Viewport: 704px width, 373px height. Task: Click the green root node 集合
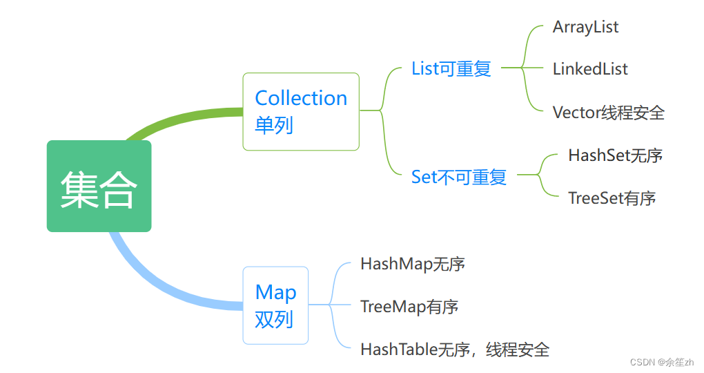(x=99, y=186)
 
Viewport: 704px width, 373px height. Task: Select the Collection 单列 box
(x=301, y=111)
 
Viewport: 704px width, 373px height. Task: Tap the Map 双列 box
(x=275, y=305)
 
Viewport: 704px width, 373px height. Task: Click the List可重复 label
(x=451, y=68)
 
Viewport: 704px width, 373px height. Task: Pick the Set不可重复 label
(x=458, y=177)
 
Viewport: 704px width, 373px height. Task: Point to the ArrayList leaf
(x=585, y=27)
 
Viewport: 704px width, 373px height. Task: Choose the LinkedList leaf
(x=590, y=69)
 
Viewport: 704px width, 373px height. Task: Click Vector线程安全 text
(x=608, y=113)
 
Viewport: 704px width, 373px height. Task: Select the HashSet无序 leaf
(x=615, y=155)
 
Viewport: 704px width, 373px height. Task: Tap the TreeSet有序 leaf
(x=612, y=198)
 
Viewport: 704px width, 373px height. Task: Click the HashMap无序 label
(x=412, y=264)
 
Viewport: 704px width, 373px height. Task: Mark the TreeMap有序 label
(x=409, y=307)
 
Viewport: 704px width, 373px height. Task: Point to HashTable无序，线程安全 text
(x=454, y=350)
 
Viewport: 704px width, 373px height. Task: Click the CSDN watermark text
(x=667, y=361)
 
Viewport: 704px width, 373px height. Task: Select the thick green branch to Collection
(x=179, y=117)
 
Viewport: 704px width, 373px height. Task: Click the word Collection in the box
(x=301, y=98)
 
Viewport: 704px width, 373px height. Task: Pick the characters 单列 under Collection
(x=274, y=125)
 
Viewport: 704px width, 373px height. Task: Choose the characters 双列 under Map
(x=274, y=319)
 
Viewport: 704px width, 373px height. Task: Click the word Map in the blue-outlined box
(x=275, y=292)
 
